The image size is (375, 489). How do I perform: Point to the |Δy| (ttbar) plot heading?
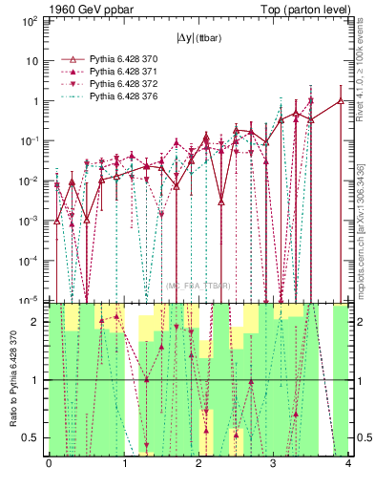pos(198,39)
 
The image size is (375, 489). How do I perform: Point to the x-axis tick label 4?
pos(348,465)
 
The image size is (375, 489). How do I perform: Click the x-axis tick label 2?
pos(198,465)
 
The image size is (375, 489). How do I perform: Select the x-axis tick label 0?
pos(49,465)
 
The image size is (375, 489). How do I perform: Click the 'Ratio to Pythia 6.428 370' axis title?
pos(10,381)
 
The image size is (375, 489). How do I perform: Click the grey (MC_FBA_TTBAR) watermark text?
pos(198,286)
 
